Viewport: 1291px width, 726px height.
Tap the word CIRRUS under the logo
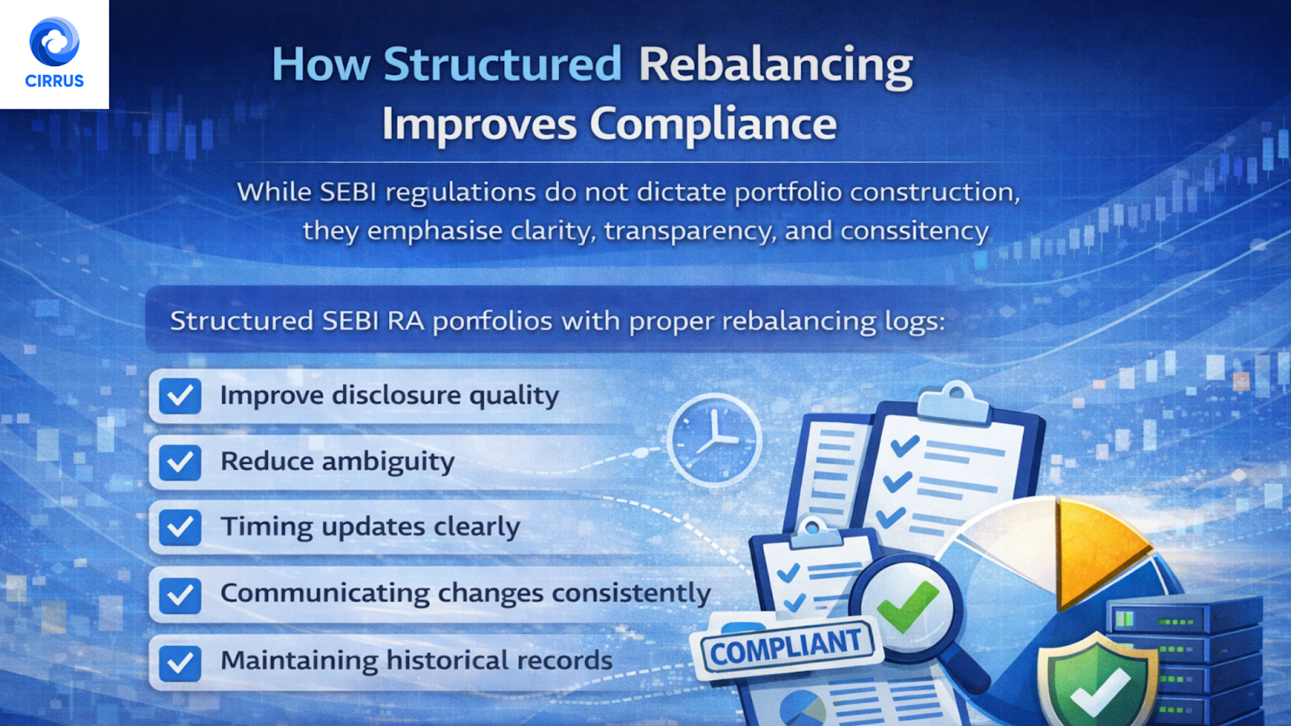tap(54, 81)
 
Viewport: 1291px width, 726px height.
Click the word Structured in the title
tap(502, 64)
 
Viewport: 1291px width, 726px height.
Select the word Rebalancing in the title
tap(775, 65)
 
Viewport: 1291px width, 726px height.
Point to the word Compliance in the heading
tap(713, 124)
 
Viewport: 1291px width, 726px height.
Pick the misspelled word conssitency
tap(914, 231)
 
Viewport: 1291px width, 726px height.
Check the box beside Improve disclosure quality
tap(180, 396)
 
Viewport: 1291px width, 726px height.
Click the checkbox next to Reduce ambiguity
tap(180, 462)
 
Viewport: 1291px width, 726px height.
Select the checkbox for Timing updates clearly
tap(180, 528)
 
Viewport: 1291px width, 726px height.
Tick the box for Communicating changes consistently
tap(180, 595)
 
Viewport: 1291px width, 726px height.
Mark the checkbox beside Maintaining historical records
tap(180, 662)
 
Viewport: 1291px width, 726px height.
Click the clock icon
tap(714, 440)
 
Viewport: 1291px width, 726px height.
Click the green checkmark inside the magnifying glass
tap(908, 606)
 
